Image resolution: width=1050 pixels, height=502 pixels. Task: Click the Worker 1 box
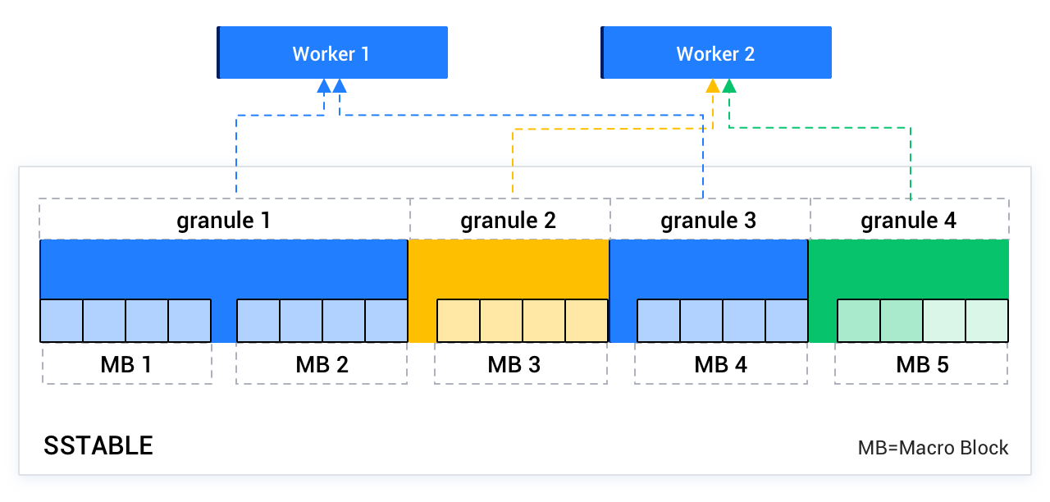click(x=332, y=53)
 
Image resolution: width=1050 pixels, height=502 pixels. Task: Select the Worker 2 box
click(x=716, y=53)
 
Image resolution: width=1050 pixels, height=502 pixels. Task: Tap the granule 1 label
click(x=224, y=220)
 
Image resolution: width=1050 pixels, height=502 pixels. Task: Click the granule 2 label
click(x=509, y=220)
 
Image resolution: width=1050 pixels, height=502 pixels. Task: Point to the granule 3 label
click(x=709, y=220)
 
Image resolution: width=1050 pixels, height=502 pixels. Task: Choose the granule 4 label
click(x=909, y=220)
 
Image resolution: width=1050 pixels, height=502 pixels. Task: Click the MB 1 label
click(x=126, y=364)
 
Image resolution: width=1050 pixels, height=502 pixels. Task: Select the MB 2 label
click(x=322, y=364)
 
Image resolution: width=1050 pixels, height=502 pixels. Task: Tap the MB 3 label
click(x=514, y=364)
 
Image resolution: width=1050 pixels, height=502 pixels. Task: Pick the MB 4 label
click(x=721, y=364)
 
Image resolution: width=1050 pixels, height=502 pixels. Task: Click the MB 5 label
click(x=922, y=364)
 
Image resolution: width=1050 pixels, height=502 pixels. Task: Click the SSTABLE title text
click(x=98, y=445)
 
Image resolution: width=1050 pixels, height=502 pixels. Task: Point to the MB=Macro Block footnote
click(x=933, y=448)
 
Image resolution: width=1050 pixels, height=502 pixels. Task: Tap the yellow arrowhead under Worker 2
click(x=713, y=86)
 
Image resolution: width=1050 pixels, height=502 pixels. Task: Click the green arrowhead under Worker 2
click(x=729, y=86)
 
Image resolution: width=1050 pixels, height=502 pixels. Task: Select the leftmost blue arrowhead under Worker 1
click(x=324, y=86)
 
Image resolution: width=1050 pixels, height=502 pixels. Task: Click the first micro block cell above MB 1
click(x=62, y=321)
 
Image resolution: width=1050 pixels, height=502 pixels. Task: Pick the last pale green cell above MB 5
click(x=987, y=321)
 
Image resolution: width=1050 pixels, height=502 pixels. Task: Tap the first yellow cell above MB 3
click(x=458, y=321)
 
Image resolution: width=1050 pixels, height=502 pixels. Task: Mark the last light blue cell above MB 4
click(x=787, y=321)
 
